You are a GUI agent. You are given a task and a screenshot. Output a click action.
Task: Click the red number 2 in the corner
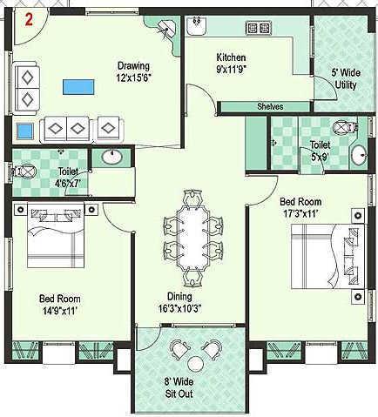[29, 20]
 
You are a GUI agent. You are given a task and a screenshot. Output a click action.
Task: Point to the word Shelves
[269, 106]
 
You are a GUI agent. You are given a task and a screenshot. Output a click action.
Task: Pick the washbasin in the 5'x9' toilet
[358, 157]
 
